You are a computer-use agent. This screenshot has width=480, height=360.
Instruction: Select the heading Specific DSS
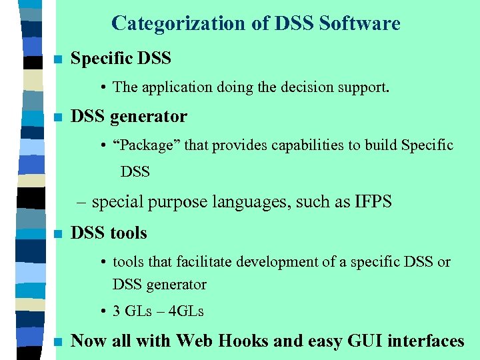[121, 59]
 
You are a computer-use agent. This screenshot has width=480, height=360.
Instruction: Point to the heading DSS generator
[129, 117]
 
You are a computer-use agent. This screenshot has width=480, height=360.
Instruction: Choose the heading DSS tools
[109, 233]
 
